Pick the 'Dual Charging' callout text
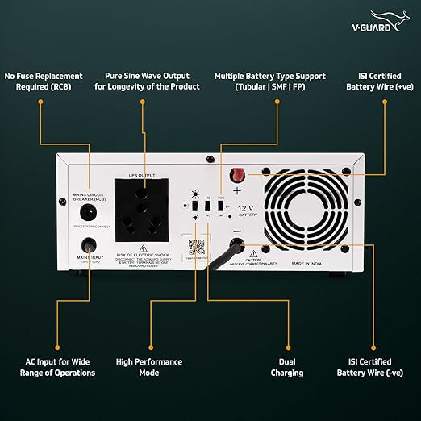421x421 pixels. pyautogui.click(x=287, y=367)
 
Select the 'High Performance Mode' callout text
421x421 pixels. pyautogui.click(x=149, y=367)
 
